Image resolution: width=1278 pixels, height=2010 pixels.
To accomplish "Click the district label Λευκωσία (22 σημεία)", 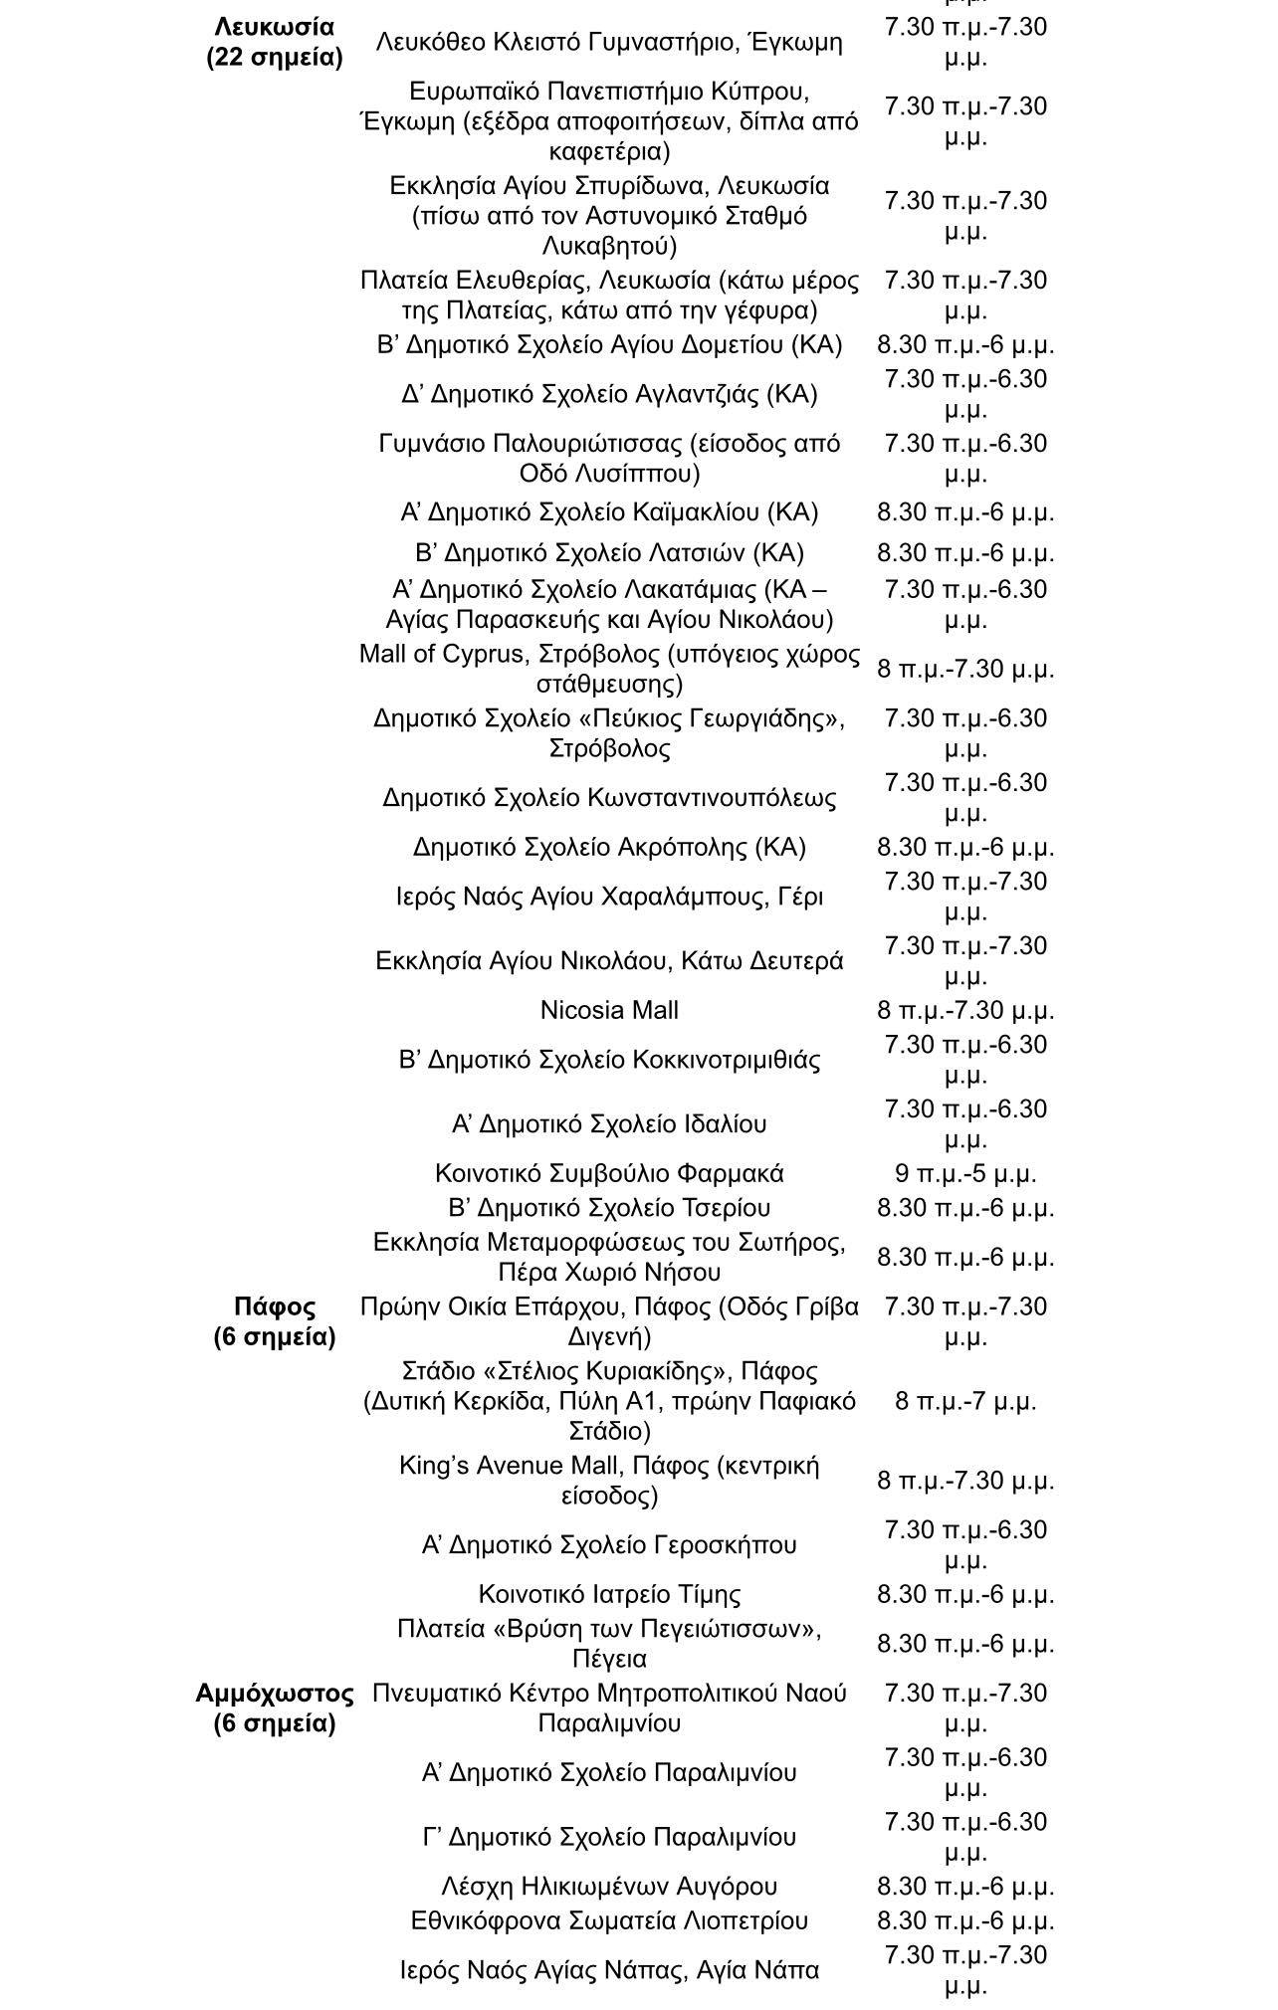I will point(274,42).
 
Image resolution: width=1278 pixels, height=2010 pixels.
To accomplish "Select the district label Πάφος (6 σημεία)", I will point(274,1320).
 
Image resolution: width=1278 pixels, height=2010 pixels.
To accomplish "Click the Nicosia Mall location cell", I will point(609,1010).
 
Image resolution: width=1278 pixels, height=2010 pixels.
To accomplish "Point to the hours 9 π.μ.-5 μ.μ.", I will point(965,1173).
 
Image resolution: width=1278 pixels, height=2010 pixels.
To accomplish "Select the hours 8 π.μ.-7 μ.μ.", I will point(965,1401).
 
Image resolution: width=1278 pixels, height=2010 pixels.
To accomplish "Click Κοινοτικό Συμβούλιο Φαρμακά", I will point(609,1173).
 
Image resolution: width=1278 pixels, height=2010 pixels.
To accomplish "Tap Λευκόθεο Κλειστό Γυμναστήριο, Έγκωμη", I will point(609,42).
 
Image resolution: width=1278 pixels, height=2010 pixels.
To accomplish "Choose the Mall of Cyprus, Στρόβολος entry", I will point(609,669).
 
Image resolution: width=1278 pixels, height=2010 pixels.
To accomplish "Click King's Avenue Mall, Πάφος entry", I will point(609,1480).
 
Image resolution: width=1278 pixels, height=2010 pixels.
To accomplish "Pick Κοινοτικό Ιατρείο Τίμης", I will point(609,1594).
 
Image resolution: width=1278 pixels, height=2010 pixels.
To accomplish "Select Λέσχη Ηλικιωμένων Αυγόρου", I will point(609,1886).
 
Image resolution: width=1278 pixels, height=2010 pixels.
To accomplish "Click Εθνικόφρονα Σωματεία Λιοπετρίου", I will point(609,1920).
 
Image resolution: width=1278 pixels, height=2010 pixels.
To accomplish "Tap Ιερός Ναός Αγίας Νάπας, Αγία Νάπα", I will point(609,1969).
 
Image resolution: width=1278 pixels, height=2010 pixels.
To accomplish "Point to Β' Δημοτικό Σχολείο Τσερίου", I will point(609,1208).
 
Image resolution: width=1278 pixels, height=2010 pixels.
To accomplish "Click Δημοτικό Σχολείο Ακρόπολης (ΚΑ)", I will point(609,847).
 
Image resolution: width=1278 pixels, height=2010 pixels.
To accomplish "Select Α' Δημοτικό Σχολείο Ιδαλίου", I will point(609,1123).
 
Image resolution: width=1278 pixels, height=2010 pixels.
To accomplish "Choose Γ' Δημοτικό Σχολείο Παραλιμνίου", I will point(609,1836).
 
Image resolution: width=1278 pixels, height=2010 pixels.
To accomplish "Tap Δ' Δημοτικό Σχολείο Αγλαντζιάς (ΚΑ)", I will point(609,394).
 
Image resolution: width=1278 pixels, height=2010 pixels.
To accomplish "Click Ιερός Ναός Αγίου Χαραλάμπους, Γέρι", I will point(609,897).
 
